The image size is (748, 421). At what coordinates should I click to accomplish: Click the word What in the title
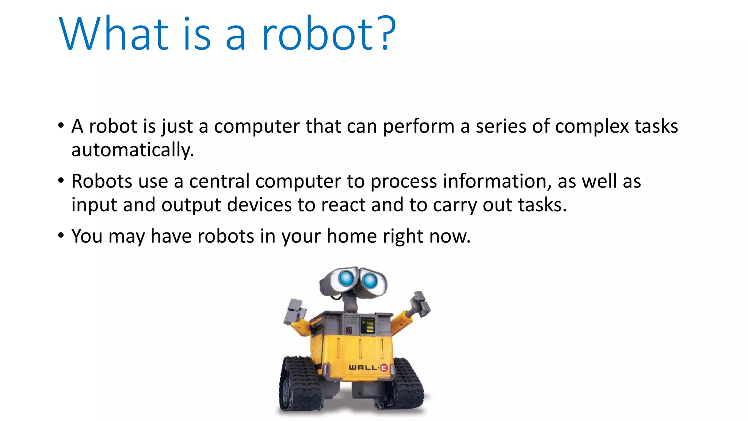coord(113,34)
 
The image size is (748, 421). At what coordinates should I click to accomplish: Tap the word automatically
coord(132,150)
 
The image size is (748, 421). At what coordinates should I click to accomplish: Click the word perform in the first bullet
coord(419,127)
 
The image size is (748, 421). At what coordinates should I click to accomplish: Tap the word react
coord(343,205)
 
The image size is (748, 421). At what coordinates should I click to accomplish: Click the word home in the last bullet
coord(351,236)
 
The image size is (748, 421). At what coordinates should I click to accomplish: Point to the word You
coord(87,236)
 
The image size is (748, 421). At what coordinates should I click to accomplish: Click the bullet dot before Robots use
coord(61,180)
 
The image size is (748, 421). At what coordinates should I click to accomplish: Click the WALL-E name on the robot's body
coord(367,367)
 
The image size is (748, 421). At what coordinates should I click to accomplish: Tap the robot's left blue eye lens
coord(346,278)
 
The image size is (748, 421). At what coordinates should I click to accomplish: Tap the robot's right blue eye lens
coord(370,281)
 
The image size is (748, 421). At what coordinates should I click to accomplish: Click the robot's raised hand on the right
coord(420,304)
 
